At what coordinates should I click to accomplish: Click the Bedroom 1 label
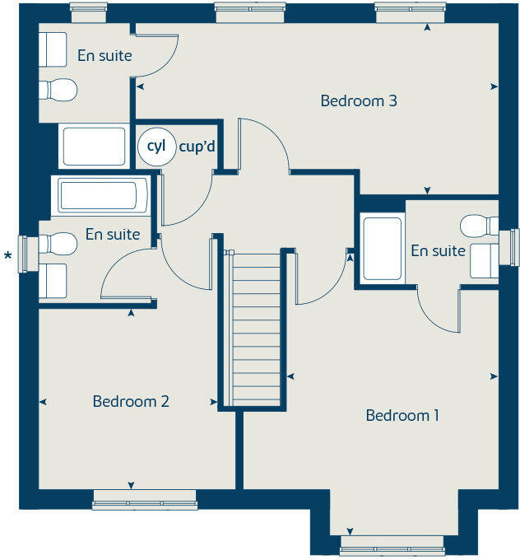tap(402, 415)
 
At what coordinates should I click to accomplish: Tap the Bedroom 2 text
tap(131, 401)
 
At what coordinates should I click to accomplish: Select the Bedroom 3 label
tap(359, 101)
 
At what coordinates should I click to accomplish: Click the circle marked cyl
tap(156, 147)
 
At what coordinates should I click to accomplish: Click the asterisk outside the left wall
tap(8, 256)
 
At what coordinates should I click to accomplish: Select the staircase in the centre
tap(257, 329)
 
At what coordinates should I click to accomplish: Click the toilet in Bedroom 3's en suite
tap(60, 89)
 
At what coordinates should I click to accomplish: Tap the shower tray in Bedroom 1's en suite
tap(382, 248)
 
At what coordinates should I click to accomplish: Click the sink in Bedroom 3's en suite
tap(54, 49)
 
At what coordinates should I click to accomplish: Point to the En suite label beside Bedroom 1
tap(438, 250)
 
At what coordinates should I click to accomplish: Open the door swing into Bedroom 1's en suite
tap(436, 311)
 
